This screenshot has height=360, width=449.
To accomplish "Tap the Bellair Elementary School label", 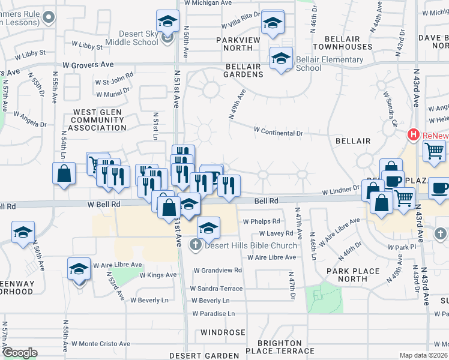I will coord(330,64).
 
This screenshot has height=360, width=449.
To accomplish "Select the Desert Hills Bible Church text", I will coord(251,245).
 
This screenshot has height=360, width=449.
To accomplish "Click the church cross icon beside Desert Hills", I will coord(196,245).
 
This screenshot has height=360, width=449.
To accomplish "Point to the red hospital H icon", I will coord(413,135).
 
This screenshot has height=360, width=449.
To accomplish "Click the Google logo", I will coord(20,353).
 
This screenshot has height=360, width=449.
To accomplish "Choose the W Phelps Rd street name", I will coord(261,221).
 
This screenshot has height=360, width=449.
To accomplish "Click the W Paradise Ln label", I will coord(214,313).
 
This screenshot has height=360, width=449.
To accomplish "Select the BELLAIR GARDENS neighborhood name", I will coord(244,70).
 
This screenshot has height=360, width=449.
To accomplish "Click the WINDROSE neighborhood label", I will coord(223,332).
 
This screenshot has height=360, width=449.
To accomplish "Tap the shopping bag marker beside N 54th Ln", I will coord(64,174).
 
